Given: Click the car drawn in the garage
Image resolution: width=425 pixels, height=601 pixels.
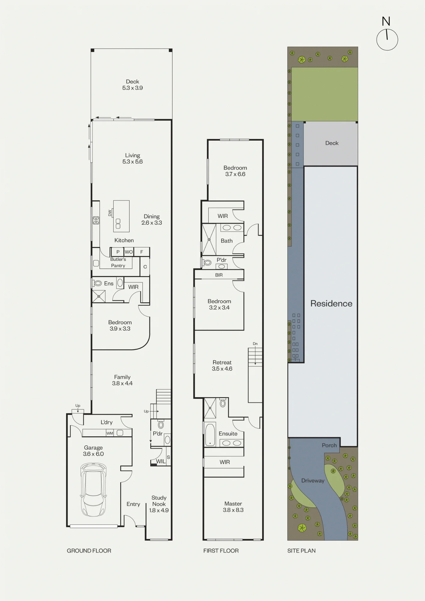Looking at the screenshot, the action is tap(93, 490).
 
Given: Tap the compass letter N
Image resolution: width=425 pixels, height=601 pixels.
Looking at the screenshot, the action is tap(386, 21).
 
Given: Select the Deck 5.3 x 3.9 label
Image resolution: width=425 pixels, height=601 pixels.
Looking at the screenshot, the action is tap(132, 85).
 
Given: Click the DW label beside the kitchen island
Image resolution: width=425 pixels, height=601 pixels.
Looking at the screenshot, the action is tap(110, 213).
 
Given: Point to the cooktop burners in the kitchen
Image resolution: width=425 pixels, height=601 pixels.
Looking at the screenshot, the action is tap(96, 221).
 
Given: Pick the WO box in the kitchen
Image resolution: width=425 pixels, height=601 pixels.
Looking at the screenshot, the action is tap(129, 252).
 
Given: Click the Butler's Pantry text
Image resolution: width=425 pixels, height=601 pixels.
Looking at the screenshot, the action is tap(118, 262).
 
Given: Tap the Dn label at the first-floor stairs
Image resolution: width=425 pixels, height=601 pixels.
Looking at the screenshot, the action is tap(255, 344).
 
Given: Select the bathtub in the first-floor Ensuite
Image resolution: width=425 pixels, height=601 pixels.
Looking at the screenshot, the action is tap(210, 435).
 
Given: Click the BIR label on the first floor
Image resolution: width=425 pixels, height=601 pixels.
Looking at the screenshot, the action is tap(219, 275).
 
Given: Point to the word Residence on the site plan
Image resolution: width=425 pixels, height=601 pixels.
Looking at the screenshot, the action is tap(331, 304).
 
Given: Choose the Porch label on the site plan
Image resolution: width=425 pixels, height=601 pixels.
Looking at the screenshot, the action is tap(329, 445).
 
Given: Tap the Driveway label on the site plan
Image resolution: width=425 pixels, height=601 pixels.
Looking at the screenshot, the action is tap(313, 480).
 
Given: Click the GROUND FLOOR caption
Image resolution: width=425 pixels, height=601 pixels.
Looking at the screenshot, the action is tap(89, 551).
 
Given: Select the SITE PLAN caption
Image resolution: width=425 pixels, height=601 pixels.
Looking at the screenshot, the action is tap(301, 551).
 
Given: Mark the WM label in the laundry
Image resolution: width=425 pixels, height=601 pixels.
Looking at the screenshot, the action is tap(110, 433).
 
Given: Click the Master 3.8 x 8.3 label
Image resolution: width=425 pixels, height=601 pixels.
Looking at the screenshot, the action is tap(233, 507).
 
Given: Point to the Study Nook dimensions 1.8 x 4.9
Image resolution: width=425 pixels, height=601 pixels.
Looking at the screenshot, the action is tap(159, 510).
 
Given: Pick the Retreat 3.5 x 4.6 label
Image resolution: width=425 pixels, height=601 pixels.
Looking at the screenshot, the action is tap(222, 365).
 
